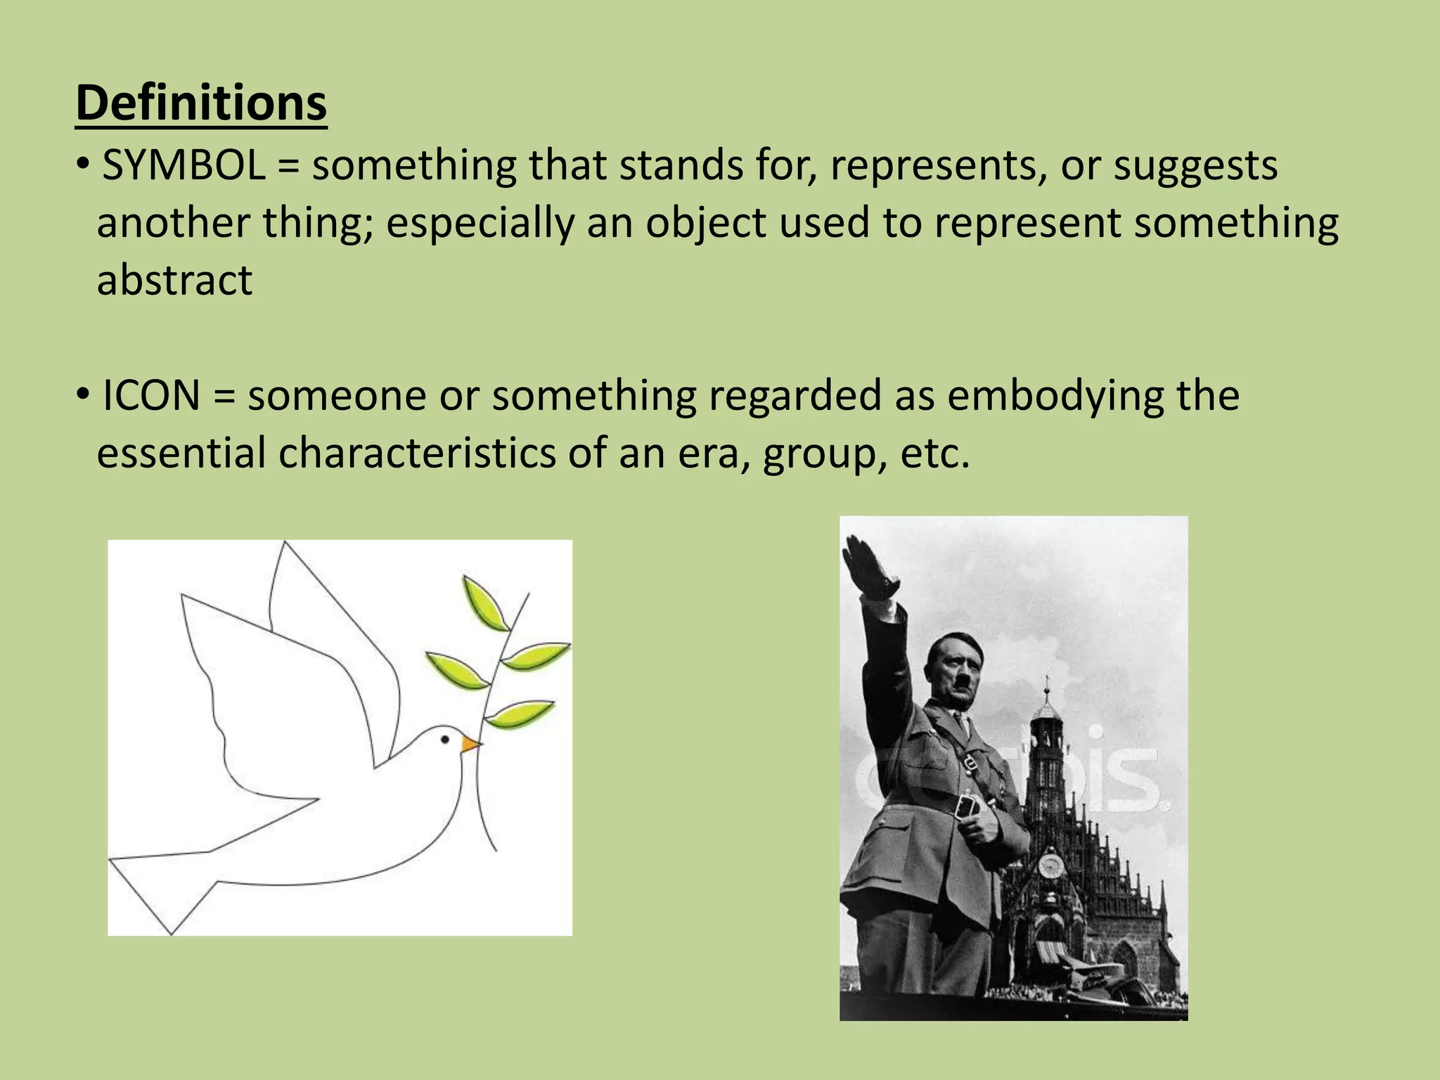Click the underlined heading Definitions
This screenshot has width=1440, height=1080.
201,103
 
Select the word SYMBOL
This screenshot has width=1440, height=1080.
184,166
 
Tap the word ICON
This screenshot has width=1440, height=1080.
151,395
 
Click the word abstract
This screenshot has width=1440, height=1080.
174,280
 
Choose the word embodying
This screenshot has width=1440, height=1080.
1056,395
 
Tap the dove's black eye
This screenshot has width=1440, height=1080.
445,739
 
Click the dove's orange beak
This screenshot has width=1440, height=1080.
470,744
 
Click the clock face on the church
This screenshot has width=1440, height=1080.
1051,864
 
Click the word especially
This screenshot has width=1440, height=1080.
480,224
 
